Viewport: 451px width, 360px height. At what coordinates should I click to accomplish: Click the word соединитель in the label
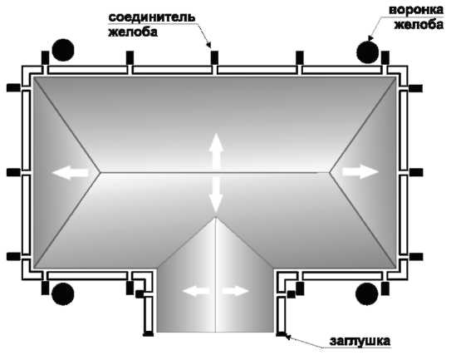pos(152,17)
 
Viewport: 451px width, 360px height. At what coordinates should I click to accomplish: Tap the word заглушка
pos(360,342)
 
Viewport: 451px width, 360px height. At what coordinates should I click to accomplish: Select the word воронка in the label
pos(416,10)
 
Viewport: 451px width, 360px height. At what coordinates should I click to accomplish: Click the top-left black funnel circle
pos(63,50)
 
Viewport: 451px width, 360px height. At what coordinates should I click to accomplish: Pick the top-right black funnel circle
pos(368,52)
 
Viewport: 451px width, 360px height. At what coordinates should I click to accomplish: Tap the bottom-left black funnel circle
pos(63,294)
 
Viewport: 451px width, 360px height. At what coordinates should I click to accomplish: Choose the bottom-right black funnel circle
pos(367,293)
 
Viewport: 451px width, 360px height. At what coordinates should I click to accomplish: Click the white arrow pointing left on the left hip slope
pos(71,172)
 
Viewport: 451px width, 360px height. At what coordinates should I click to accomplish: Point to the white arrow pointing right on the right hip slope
pos(360,172)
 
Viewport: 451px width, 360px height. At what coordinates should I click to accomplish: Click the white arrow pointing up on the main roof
pos(216,152)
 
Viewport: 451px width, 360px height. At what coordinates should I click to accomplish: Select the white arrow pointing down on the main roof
pos(216,194)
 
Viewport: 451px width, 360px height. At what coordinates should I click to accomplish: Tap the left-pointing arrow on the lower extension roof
pos(196,291)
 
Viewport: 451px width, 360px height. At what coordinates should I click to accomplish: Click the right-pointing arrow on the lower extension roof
pos(235,291)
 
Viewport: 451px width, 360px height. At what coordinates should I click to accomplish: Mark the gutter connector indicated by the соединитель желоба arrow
pos(214,57)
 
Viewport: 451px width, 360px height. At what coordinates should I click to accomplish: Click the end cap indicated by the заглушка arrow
pos(281,334)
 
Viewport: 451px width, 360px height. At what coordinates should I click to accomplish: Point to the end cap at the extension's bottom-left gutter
pos(149,334)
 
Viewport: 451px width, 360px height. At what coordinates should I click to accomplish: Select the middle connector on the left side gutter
pos(13,172)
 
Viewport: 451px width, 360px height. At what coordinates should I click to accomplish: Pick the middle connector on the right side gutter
pos(416,172)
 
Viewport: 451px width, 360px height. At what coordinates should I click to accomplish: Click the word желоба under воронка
pos(419,25)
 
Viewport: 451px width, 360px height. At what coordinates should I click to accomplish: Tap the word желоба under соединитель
pos(133,32)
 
